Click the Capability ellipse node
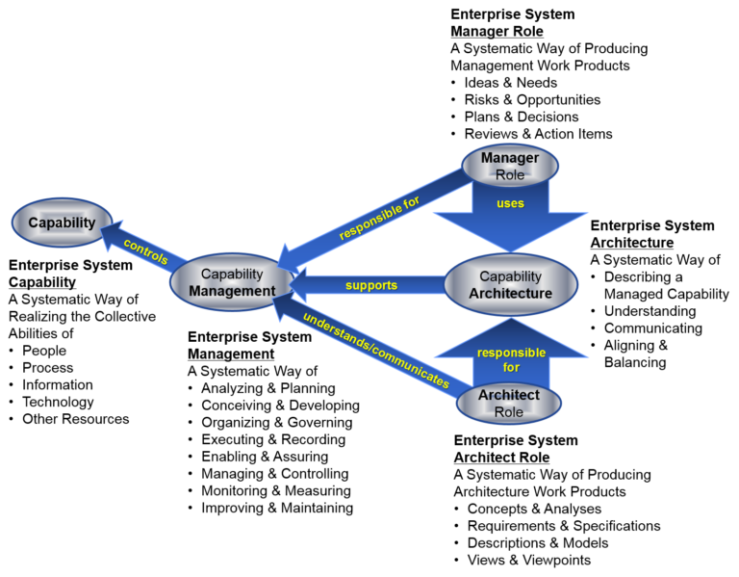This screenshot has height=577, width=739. tap(62, 223)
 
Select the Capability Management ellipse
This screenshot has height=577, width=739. tap(231, 282)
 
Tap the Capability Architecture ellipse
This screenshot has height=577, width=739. tap(510, 284)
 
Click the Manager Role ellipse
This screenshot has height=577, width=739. tap(510, 166)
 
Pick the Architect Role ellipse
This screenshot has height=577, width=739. tap(508, 403)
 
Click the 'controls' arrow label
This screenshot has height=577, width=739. tap(145, 251)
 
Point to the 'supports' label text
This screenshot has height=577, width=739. tap(371, 285)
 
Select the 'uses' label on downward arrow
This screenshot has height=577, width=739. tap(510, 203)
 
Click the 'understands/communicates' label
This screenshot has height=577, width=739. tap(375, 351)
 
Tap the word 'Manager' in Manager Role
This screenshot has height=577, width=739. tap(510, 158)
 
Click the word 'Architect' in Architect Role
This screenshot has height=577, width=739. tap(508, 395)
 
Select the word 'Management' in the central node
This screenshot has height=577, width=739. tap(232, 291)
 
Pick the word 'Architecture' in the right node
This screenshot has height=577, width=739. tap(510, 293)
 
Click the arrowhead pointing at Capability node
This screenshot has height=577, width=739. tap(110, 234)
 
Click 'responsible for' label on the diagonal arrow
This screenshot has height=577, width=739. tap(379, 218)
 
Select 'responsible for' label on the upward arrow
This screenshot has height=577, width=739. tap(511, 359)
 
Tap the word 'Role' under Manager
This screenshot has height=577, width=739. tap(510, 175)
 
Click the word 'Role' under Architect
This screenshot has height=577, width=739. tap(508, 412)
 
